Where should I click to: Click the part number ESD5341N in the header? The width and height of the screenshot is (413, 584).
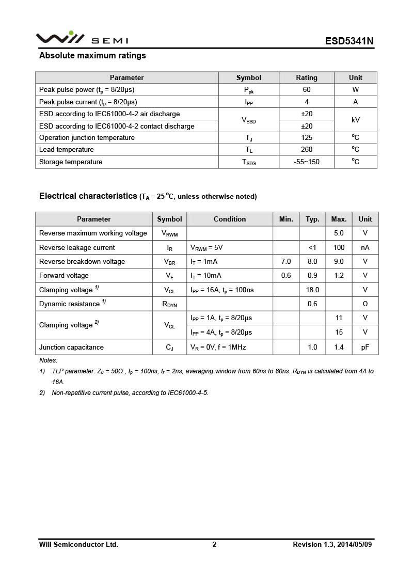tap(349, 41)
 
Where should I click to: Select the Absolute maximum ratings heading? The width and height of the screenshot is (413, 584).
tap(92, 56)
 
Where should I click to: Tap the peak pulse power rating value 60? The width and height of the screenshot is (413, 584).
tap(307, 89)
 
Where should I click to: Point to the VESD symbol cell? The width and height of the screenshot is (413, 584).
tap(249, 120)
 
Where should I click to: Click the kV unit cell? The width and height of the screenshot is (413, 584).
tap(355, 120)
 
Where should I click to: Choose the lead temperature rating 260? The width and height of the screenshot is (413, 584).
tap(307, 150)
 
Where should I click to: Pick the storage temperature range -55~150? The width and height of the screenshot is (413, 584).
tap(307, 162)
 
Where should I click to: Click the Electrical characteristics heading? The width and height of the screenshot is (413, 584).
tap(88, 196)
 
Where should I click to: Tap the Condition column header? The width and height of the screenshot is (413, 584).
tap(230, 219)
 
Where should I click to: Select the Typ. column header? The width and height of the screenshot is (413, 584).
tap(312, 219)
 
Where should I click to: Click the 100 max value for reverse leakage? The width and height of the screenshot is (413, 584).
tap(339, 247)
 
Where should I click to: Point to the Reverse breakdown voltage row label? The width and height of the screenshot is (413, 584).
tap(82, 262)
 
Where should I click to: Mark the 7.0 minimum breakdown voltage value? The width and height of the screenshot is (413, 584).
tap(286, 262)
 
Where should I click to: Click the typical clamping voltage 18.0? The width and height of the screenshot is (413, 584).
tap(312, 290)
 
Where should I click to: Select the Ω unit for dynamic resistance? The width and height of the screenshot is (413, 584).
tap(365, 304)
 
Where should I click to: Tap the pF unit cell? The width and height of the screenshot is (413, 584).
tap(365, 348)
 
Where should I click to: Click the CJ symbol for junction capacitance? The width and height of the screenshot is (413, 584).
tap(169, 348)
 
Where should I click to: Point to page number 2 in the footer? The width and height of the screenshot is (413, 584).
tap(214, 544)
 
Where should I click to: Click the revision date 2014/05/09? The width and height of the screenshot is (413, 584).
tap(355, 544)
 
